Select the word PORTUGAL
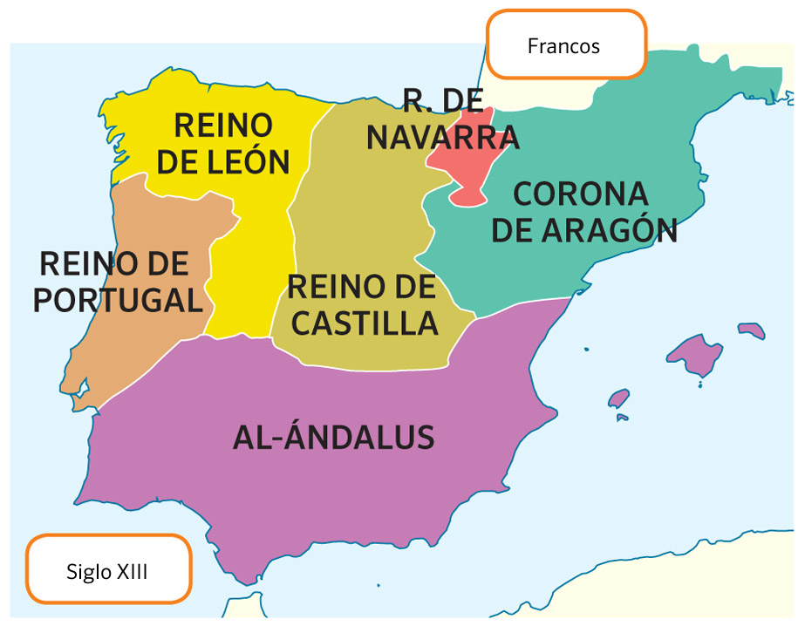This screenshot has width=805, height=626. pyautogui.click(x=118, y=300)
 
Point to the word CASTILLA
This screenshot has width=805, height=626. pyautogui.click(x=365, y=323)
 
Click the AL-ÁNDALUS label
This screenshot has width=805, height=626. pyautogui.click(x=333, y=437)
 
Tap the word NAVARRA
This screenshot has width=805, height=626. pyautogui.click(x=443, y=137)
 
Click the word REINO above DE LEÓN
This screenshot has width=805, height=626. pyautogui.click(x=223, y=125)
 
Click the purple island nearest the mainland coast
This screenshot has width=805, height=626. pyautogui.click(x=618, y=398)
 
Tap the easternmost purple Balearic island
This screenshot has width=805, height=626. pyautogui.click(x=751, y=330)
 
